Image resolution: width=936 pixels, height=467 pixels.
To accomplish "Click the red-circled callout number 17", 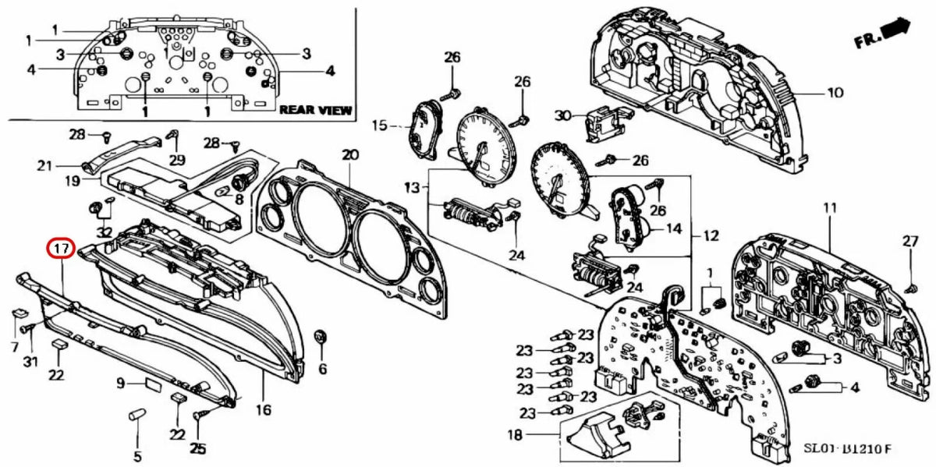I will pyautogui.click(x=60, y=249).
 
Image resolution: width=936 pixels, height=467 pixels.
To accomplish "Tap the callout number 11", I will pyautogui.click(x=829, y=208).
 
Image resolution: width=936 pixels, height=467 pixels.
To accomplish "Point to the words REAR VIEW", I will pyautogui.click(x=315, y=110).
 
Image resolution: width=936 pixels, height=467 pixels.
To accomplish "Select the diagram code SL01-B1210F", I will pyautogui.click(x=847, y=450).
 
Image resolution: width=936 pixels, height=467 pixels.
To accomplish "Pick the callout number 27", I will pyautogui.click(x=910, y=242).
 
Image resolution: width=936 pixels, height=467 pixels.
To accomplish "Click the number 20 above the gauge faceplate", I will pyautogui.click(x=349, y=155).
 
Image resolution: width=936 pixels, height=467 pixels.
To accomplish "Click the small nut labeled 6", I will pyautogui.click(x=318, y=337).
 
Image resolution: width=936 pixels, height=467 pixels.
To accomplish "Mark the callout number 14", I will pyautogui.click(x=672, y=229).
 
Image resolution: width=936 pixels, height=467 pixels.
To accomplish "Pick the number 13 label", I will pyautogui.click(x=411, y=188).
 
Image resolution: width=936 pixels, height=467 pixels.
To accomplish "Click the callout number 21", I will pyautogui.click(x=44, y=165).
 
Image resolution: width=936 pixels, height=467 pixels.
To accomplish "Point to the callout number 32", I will pyautogui.click(x=104, y=232).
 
